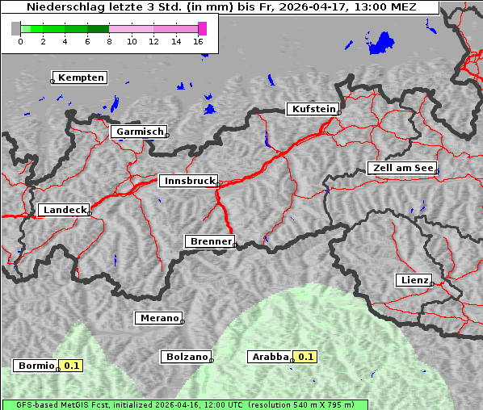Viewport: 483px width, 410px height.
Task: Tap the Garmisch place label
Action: coord(140,132)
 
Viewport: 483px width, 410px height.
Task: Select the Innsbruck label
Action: coord(188,182)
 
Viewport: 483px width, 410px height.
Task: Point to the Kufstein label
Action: coord(313,109)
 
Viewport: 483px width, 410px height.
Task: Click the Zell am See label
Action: coord(402,168)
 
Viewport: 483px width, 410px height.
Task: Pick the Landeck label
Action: coord(64,210)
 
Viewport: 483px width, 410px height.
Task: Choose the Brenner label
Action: coord(210,241)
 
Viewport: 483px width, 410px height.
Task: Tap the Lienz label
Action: coord(414,280)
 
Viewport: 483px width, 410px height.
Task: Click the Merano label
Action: coord(158,318)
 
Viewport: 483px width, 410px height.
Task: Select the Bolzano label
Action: coord(187,356)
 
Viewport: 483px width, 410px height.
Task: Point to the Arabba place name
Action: coord(269,356)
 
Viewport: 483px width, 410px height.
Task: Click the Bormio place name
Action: coord(36,366)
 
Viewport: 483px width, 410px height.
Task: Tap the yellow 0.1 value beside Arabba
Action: coord(306,356)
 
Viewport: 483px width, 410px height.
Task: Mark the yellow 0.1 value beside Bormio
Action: coord(72,366)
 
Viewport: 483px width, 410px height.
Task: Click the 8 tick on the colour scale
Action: coord(109,40)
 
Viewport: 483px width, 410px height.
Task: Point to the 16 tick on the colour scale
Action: coord(199,40)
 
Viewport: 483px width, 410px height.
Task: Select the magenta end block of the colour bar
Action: coord(202,28)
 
